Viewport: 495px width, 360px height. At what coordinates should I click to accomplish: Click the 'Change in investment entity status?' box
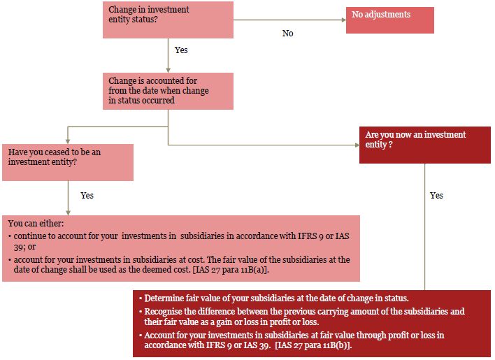(x=168, y=20)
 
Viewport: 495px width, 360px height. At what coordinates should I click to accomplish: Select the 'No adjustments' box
(x=390, y=20)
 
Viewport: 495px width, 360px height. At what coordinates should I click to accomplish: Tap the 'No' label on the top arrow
(x=287, y=33)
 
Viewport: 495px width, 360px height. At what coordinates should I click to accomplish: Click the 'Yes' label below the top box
(x=181, y=50)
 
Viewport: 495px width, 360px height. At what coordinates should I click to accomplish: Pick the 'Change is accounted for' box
(x=168, y=91)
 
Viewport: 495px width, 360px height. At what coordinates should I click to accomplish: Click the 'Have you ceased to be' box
(x=68, y=162)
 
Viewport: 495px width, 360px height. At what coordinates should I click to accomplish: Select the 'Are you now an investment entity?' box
(x=425, y=145)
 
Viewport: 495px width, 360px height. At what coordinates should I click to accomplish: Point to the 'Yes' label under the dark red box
(x=436, y=195)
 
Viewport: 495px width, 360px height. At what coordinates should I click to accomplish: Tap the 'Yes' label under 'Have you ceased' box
(x=87, y=195)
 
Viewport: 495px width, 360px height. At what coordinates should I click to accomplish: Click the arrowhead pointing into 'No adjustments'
(x=344, y=20)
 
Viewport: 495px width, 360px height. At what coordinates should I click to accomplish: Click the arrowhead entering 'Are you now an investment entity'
(x=357, y=145)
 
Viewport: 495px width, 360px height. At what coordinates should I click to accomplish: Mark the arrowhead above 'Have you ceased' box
(x=68, y=142)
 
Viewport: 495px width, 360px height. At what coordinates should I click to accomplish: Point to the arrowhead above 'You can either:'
(x=68, y=213)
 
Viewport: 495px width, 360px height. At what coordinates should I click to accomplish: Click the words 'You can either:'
(x=36, y=224)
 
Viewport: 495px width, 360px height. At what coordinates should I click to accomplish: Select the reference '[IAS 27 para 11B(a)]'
(x=231, y=270)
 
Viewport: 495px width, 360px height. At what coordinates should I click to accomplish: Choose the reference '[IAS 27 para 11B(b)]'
(x=313, y=345)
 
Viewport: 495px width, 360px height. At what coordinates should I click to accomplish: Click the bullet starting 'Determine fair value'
(x=273, y=298)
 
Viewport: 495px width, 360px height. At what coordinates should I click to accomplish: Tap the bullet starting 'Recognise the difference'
(x=302, y=317)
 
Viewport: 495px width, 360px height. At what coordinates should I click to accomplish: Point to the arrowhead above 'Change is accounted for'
(x=168, y=71)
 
